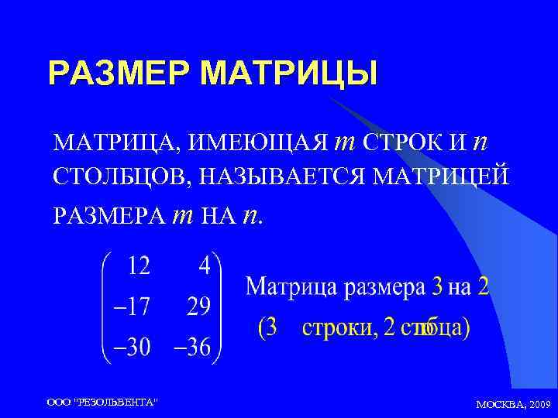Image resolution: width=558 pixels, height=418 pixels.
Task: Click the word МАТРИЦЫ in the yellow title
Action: coord(288,74)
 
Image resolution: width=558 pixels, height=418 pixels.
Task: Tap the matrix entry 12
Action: coord(139,267)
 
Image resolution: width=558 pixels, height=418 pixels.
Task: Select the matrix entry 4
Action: coord(204,267)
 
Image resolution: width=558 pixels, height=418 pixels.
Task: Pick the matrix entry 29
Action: coord(198,308)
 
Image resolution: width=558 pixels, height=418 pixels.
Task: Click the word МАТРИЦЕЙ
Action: coord(442,176)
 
